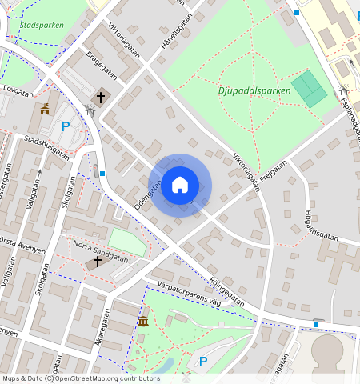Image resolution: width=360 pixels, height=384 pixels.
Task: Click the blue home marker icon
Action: (x=180, y=185)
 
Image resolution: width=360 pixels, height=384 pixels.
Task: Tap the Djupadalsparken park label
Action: (x=254, y=90)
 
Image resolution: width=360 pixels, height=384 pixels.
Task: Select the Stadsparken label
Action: (x=41, y=25)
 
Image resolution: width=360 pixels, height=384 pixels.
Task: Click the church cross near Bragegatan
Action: (x=101, y=98)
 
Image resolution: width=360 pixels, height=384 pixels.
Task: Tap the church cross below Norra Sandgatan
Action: (x=98, y=261)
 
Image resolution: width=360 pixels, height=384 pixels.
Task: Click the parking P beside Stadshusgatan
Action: (x=66, y=126)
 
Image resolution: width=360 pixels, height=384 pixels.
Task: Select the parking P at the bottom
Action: (x=203, y=362)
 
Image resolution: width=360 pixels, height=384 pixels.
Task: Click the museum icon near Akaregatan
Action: (x=143, y=321)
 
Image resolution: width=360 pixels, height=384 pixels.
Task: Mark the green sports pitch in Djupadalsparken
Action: (x=310, y=89)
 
